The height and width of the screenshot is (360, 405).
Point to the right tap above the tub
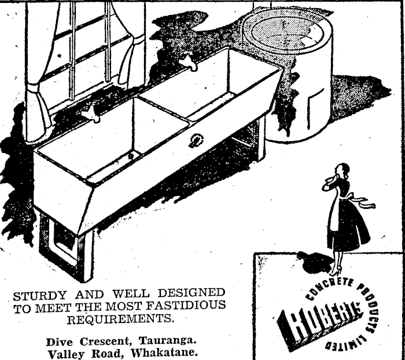187,61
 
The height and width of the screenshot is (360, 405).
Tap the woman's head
343,171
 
